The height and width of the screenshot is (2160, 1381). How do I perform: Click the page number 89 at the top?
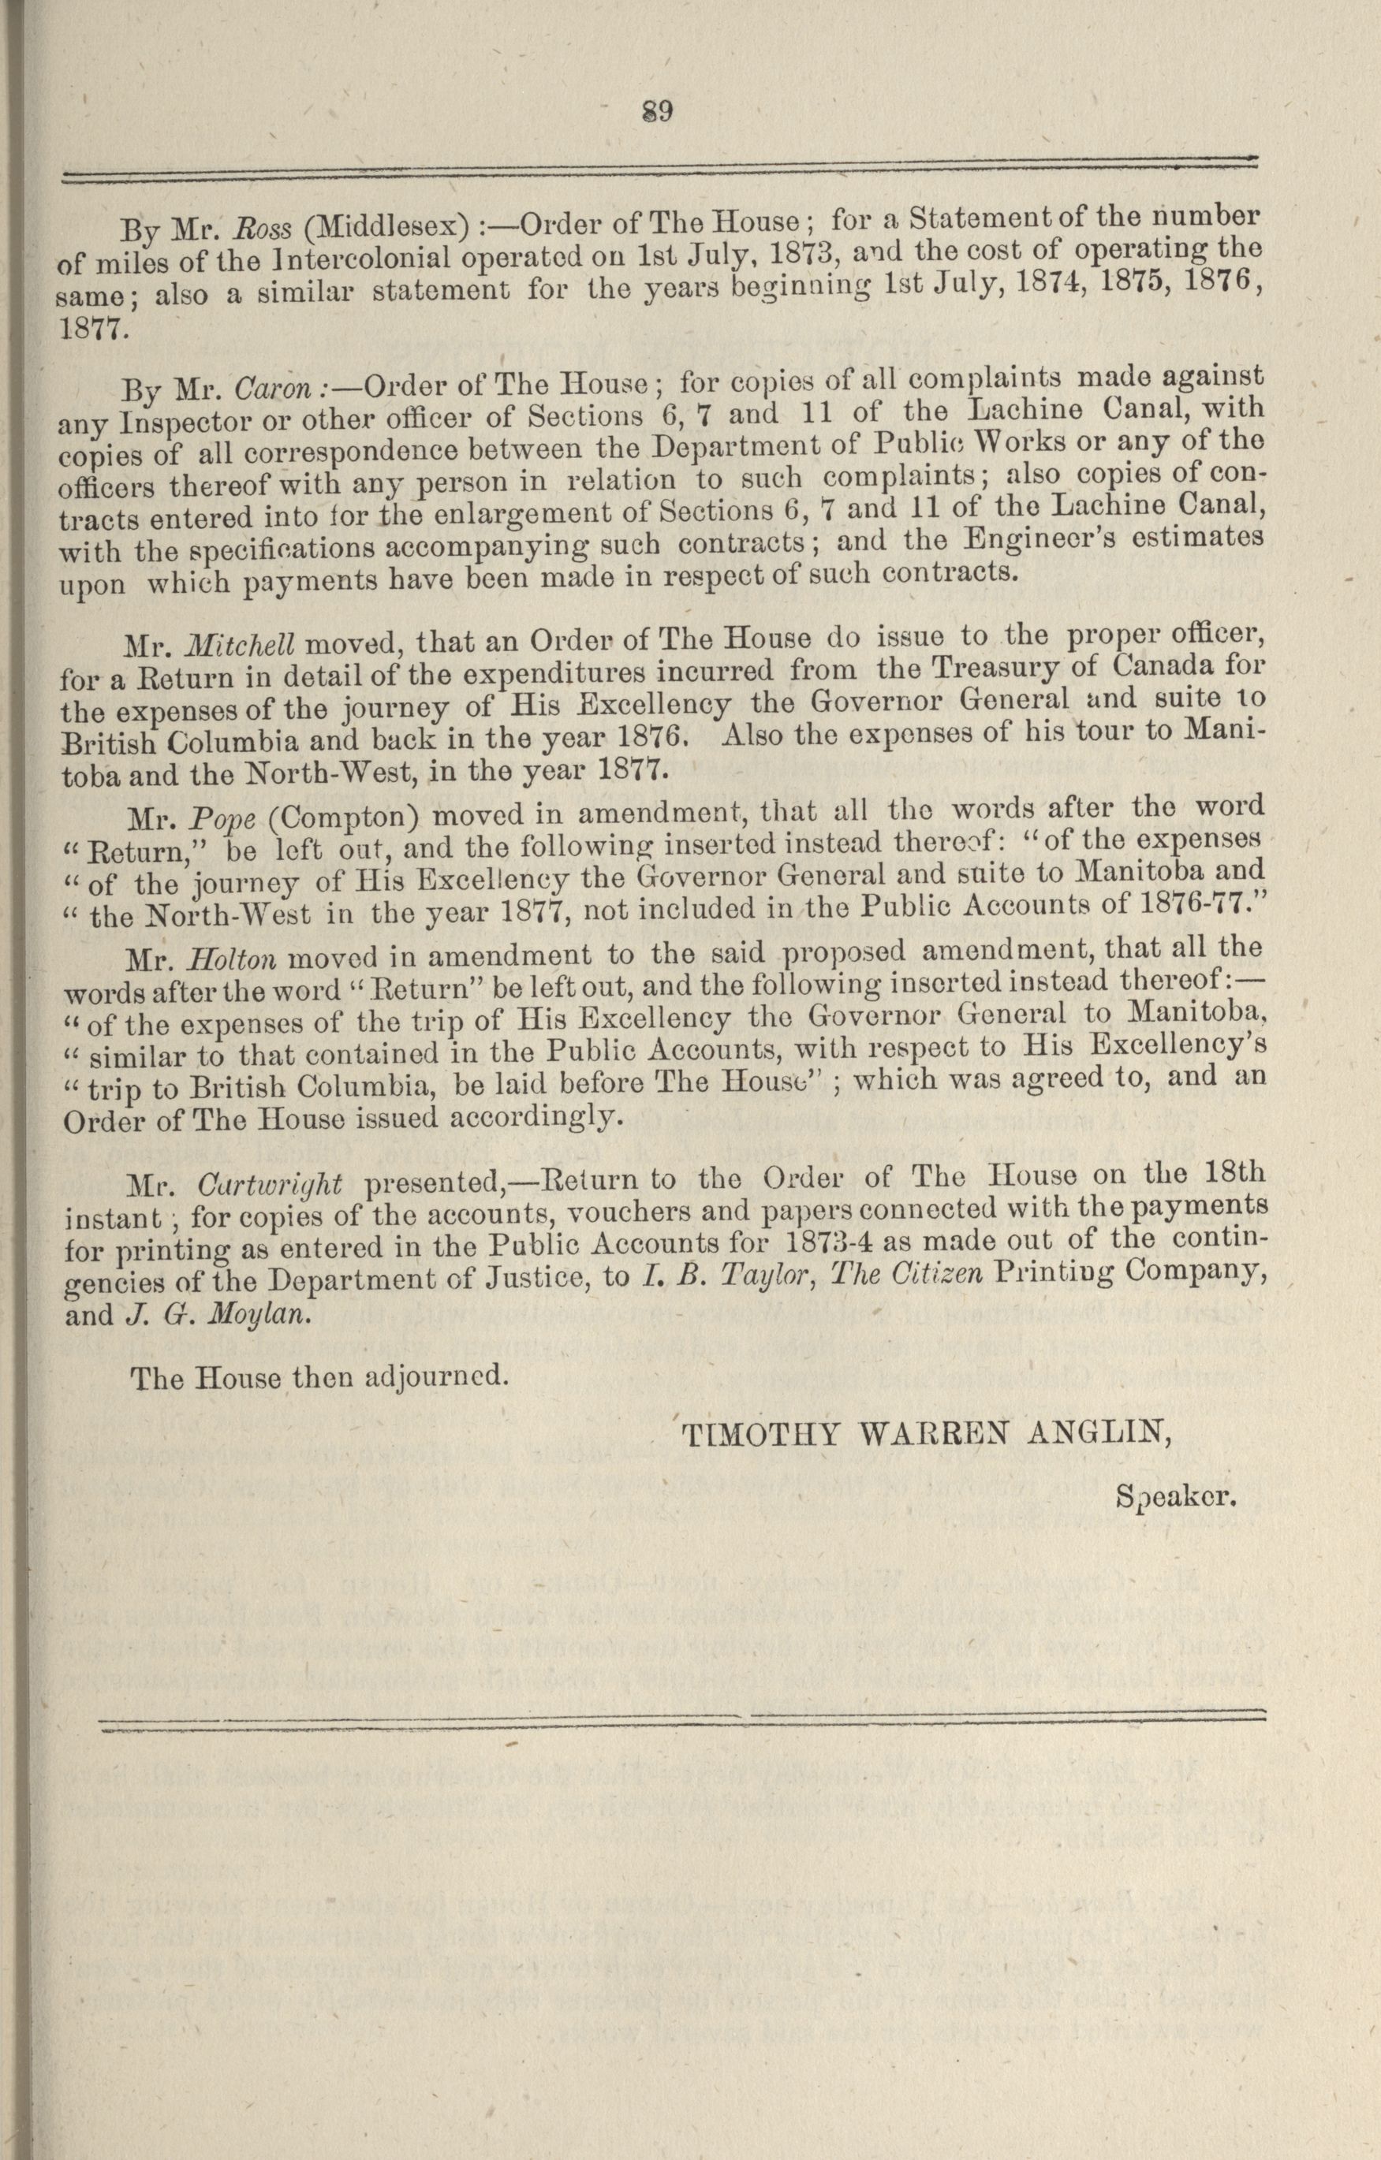(x=658, y=111)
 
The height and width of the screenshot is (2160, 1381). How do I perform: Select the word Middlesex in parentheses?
(x=386, y=227)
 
